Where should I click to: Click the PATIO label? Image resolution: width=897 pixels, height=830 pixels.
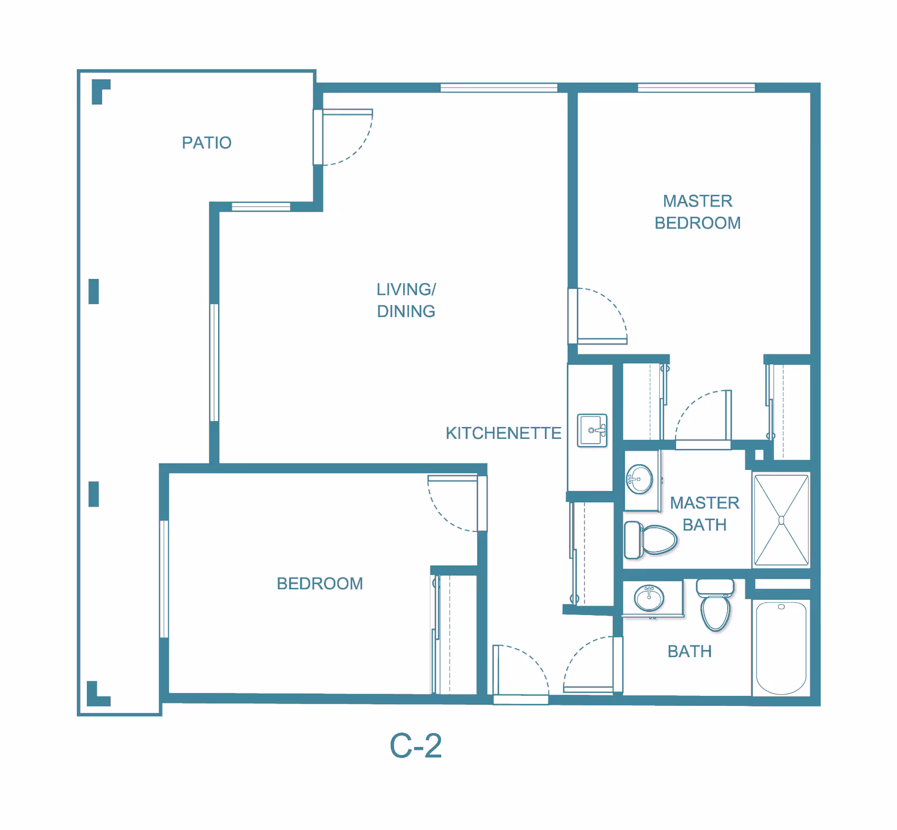(206, 143)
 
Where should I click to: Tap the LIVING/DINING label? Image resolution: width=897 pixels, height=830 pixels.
(406, 300)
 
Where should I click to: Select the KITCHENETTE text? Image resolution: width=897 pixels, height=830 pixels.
(503, 433)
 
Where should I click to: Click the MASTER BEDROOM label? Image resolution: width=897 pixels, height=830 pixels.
(697, 212)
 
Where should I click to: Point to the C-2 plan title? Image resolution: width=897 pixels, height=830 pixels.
(415, 746)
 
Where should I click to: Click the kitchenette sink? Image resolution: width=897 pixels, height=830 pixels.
(592, 430)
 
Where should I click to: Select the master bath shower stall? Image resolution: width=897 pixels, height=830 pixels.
(781, 520)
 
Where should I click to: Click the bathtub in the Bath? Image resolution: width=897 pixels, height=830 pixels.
(781, 648)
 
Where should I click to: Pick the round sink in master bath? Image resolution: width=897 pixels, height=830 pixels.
(639, 479)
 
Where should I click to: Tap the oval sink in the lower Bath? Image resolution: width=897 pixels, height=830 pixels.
(649, 598)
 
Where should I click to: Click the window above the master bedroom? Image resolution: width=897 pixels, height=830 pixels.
(696, 88)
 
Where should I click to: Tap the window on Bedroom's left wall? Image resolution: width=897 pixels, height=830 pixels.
(164, 579)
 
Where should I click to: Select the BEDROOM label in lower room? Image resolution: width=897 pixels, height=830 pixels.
(320, 584)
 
